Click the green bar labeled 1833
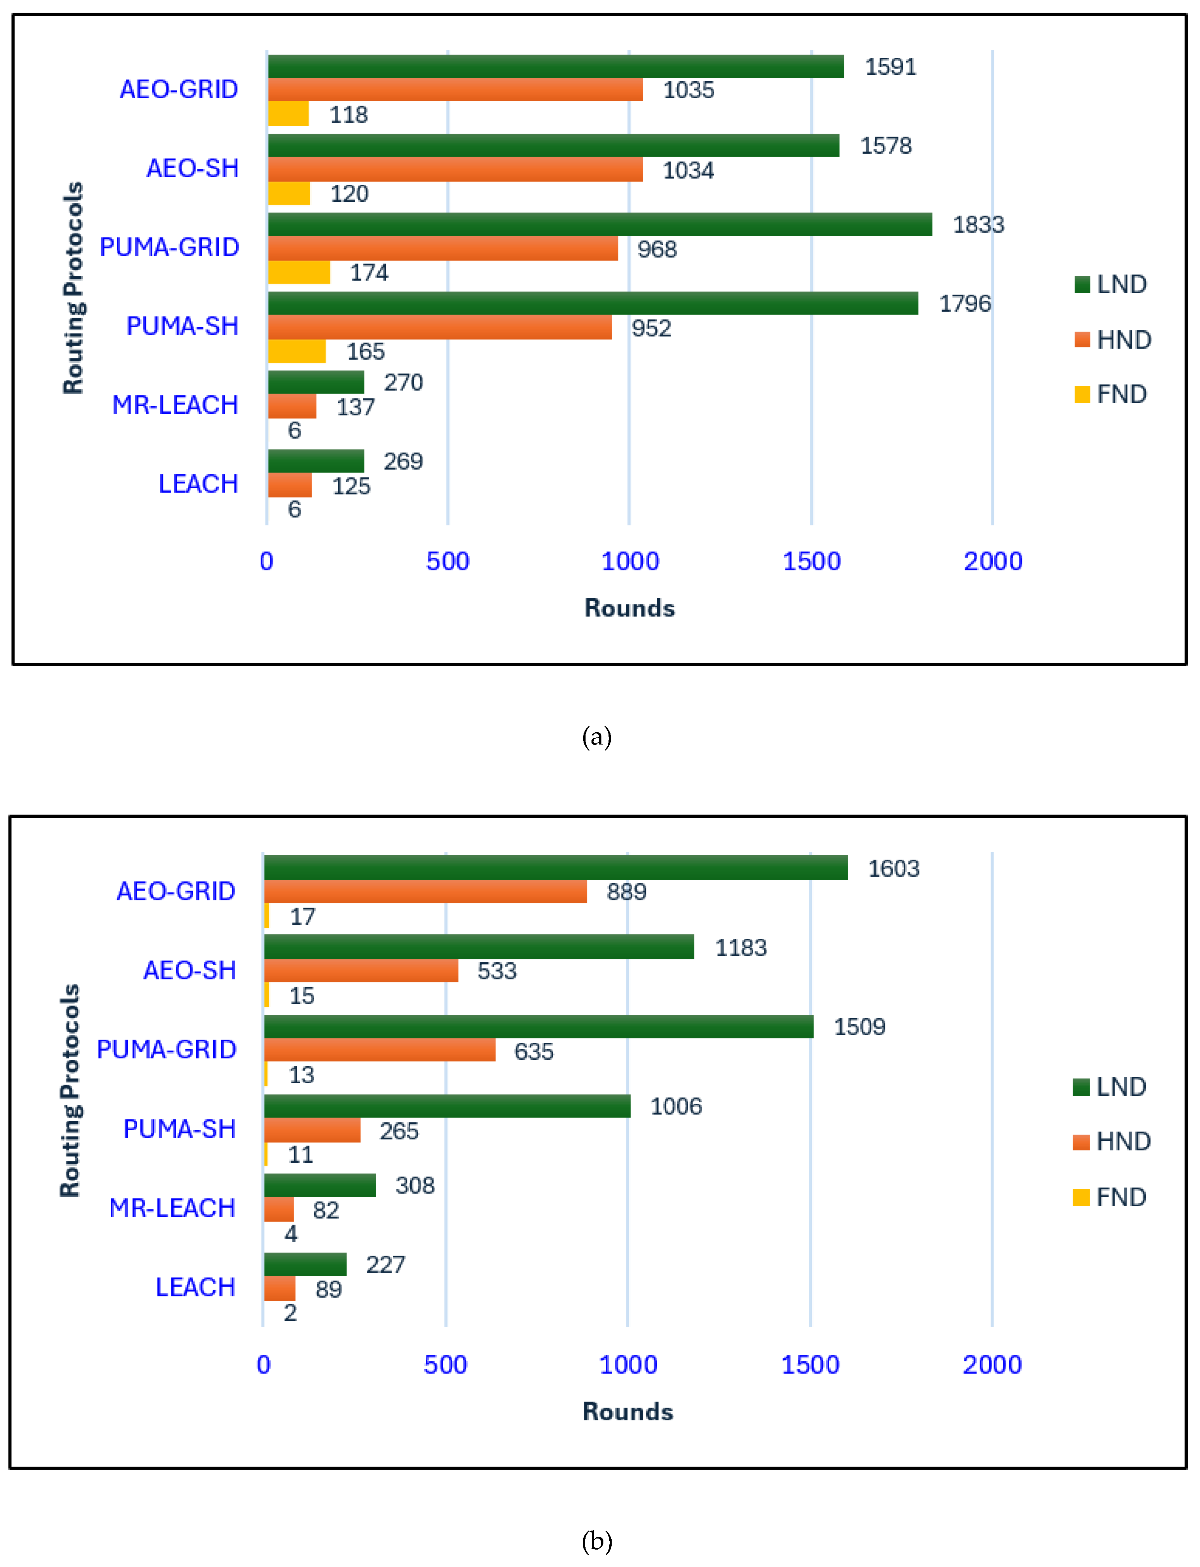(600, 224)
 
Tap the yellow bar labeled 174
(299, 272)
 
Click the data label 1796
(964, 303)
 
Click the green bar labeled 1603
(556, 868)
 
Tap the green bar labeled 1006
(447, 1106)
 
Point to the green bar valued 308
(320, 1185)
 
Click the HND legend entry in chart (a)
(1113, 339)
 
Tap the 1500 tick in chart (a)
(811, 561)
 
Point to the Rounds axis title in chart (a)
(629, 608)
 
